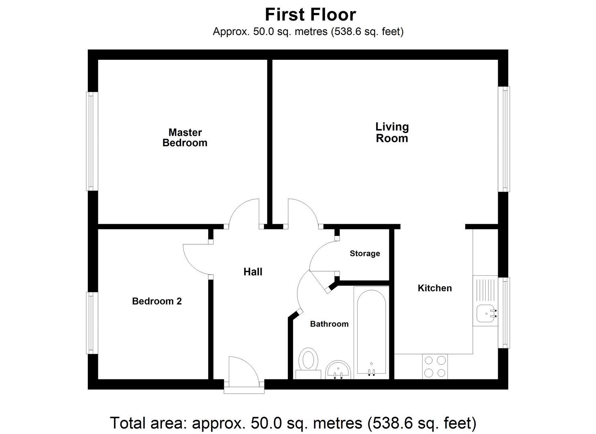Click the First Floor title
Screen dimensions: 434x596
(310, 15)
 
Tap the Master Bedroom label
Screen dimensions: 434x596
(185, 137)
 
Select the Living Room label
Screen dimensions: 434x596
(392, 132)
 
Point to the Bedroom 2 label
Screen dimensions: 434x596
(157, 301)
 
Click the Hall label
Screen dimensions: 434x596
(253, 272)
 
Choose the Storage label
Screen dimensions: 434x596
(364, 254)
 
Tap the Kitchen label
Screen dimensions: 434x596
(435, 288)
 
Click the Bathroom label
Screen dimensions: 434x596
(329, 324)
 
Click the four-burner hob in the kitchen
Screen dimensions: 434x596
(435, 366)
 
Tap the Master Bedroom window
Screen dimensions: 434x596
(92, 141)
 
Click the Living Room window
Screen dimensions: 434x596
(504, 139)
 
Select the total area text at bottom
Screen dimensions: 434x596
(293, 423)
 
